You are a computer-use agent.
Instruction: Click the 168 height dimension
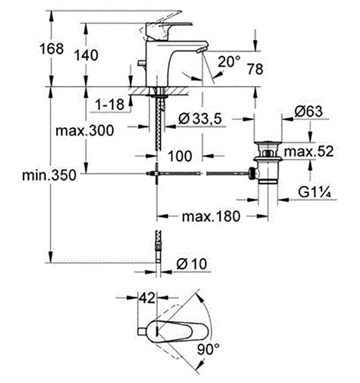[x=52, y=49]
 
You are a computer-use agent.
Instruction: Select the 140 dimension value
[x=86, y=55]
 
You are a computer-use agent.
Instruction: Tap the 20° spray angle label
[x=229, y=61]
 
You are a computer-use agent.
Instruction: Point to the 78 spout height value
[x=255, y=69]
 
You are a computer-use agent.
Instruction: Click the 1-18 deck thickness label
[x=110, y=104]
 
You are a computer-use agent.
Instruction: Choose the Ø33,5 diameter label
[x=200, y=119]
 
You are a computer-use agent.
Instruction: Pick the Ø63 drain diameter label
[x=308, y=112]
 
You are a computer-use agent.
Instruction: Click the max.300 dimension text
[x=85, y=130]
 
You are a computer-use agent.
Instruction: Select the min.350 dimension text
[x=49, y=175]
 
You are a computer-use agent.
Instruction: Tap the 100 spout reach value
[x=180, y=156]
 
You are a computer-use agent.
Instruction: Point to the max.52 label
[x=309, y=151]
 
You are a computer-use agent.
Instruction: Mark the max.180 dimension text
[x=211, y=216]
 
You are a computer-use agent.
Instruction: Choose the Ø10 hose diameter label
[x=191, y=264]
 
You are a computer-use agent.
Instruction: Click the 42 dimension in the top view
[x=147, y=298]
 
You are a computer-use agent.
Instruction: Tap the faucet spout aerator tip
[x=201, y=50]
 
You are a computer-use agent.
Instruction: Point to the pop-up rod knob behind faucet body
[x=142, y=63]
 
